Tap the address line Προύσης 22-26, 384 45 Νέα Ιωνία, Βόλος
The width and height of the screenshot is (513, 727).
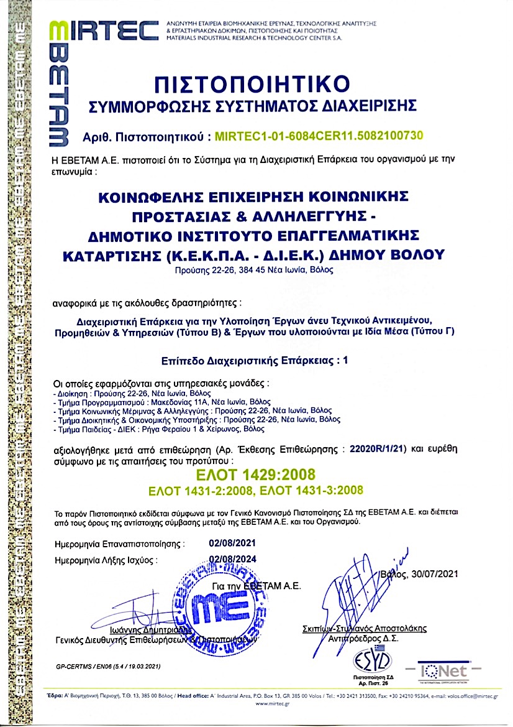click(255, 271)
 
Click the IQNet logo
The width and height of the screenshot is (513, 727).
click(442, 671)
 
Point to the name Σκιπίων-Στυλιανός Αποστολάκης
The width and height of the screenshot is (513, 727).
click(364, 629)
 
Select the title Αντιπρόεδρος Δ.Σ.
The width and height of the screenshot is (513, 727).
click(364, 638)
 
